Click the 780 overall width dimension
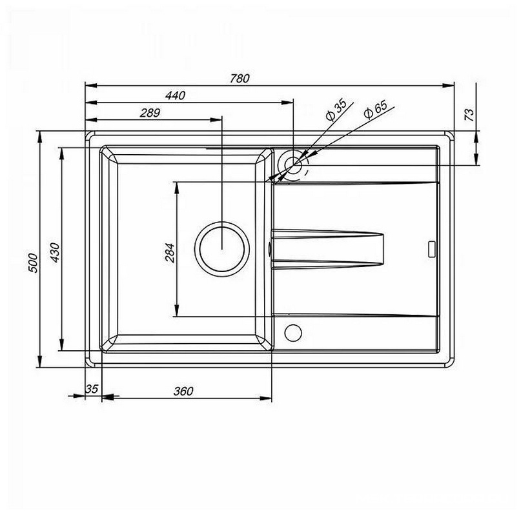pyautogui.click(x=240, y=78)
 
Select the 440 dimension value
pyautogui.click(x=175, y=95)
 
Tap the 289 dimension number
pyautogui.click(x=150, y=113)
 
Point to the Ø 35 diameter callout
pyautogui.click(x=336, y=110)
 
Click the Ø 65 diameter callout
pyautogui.click(x=376, y=109)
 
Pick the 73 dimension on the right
pyautogui.click(x=469, y=115)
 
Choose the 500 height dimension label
pyautogui.click(x=33, y=263)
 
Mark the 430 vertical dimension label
pyautogui.click(x=55, y=253)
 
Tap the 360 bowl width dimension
pyautogui.click(x=183, y=391)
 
